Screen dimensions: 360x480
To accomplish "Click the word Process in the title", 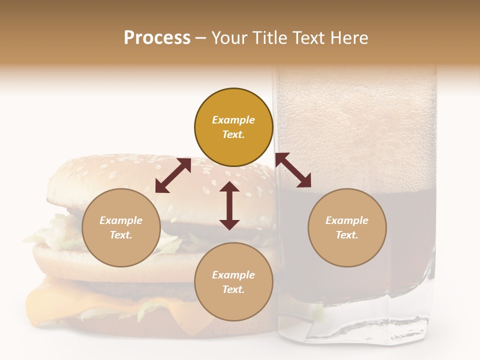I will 157,37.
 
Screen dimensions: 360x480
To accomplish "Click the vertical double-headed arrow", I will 229,205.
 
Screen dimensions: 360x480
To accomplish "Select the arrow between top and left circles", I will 173,175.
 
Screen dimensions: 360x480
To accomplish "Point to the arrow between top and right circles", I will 293,170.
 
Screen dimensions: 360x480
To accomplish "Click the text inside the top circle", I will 233,127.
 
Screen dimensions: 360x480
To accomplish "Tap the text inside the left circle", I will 121,227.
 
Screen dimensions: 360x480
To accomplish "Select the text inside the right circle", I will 347,227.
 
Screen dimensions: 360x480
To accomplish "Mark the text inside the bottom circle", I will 233,282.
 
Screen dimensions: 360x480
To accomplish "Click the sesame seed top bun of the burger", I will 125,172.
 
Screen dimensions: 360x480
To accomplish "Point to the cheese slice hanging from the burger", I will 45,305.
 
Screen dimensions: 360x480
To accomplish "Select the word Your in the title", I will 228,37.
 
